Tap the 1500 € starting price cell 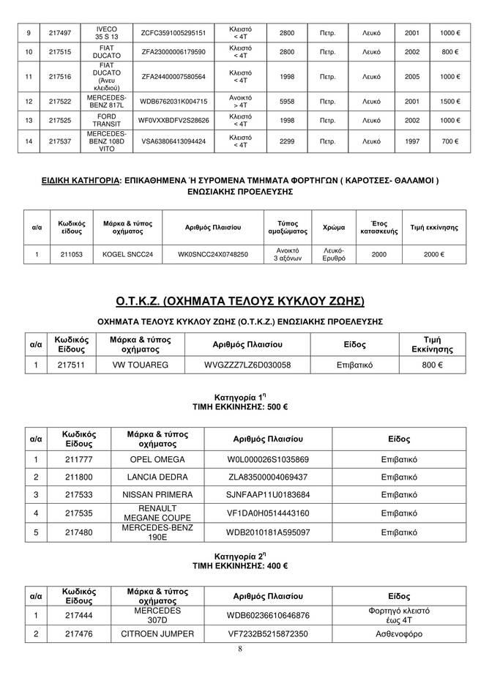click(449, 101)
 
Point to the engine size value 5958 click(287, 101)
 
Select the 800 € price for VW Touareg click(432, 364)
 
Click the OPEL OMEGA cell click(156, 459)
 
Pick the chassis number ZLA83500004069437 click(269, 477)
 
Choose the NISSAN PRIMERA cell click(156, 494)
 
